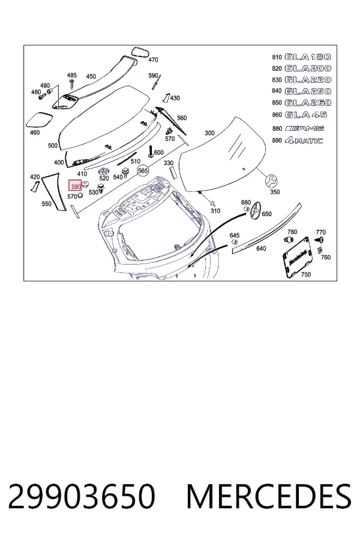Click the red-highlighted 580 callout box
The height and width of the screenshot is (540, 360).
tap(75, 185)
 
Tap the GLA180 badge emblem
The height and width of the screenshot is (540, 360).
tap(308, 57)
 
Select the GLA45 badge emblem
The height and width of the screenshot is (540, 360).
tap(306, 115)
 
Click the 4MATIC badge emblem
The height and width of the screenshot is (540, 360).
tap(304, 140)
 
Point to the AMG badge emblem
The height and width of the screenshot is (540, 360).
tap(305, 128)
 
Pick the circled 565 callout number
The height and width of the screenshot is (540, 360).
tap(143, 170)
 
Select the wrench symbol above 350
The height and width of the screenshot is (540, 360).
tap(271, 180)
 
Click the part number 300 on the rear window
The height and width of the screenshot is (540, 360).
tap(209, 133)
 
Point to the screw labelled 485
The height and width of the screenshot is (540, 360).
tap(72, 83)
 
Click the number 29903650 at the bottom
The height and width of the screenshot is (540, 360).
tap(82, 496)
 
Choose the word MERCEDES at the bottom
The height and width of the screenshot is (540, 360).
tap(268, 496)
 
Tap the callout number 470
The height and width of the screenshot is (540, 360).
tap(153, 60)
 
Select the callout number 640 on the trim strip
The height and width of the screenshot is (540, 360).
tap(261, 248)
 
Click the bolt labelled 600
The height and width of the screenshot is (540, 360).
tap(150, 152)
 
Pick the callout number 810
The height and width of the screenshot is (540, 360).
tap(277, 57)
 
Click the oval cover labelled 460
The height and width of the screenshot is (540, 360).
tap(40, 121)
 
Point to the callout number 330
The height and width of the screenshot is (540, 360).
tap(169, 163)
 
